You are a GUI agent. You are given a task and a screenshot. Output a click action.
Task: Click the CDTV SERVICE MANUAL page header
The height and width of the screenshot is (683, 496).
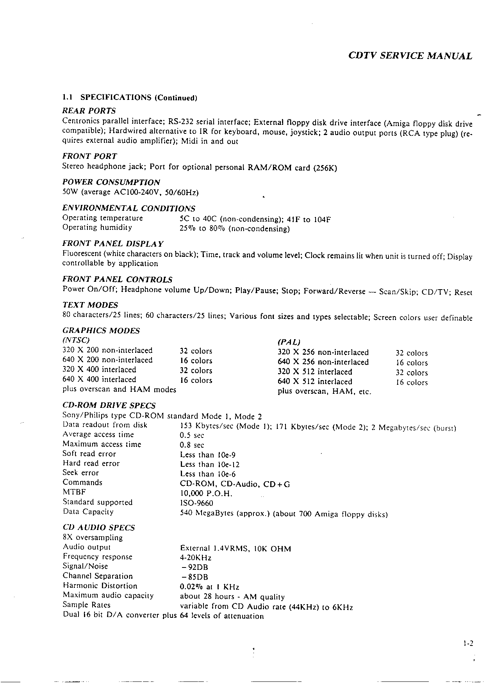410,56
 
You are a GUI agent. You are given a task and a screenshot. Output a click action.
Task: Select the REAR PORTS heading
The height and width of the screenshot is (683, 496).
89,111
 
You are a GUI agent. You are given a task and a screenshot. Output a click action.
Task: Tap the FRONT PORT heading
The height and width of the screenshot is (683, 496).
89,157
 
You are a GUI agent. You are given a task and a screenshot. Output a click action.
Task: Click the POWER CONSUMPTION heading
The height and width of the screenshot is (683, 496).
111,182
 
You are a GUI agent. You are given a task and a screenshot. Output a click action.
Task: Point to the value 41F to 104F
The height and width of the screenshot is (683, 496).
309,219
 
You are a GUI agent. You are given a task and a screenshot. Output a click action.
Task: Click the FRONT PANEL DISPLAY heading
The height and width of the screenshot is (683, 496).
113,244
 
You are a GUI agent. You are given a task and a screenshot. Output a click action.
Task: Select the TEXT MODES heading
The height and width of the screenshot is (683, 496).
90,305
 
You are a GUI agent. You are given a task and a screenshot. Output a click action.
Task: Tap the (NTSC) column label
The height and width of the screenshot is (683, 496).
76,340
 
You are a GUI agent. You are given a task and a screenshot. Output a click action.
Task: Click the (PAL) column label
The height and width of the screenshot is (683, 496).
289,342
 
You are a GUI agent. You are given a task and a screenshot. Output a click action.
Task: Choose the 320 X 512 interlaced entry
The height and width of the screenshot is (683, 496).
315,372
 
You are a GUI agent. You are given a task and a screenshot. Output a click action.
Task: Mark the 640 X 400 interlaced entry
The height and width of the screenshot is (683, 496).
99,379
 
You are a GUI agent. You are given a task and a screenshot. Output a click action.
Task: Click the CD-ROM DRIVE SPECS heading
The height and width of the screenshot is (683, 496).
109,406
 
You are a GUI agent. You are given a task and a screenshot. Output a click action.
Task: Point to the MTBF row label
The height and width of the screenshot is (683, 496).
74,492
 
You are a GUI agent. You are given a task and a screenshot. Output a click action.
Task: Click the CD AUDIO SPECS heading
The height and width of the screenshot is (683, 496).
99,528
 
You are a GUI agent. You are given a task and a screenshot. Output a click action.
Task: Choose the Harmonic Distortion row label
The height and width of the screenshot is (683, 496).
100,586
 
